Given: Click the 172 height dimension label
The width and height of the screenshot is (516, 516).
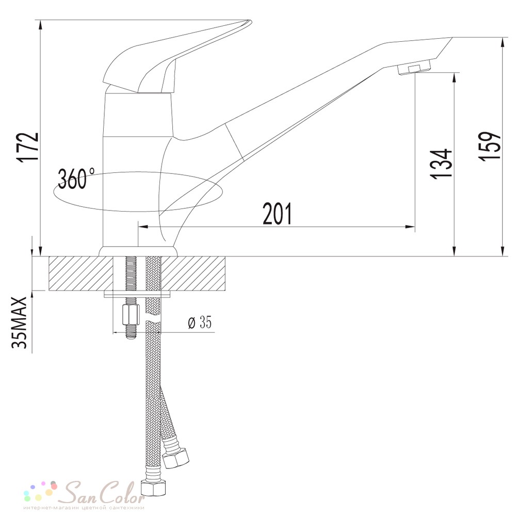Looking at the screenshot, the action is pos(28,148).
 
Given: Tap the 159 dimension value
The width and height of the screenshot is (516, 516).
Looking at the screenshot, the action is pos(490,147).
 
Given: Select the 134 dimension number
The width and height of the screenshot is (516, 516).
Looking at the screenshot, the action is pos(441,164).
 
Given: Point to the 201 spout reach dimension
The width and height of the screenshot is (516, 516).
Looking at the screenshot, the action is pos(278,214).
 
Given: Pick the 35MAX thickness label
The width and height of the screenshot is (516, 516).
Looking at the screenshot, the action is pos(19,322).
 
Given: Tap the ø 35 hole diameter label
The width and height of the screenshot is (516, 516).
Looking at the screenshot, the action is pos(199,322).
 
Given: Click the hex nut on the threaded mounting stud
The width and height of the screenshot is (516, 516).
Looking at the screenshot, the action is pos(131,314).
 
